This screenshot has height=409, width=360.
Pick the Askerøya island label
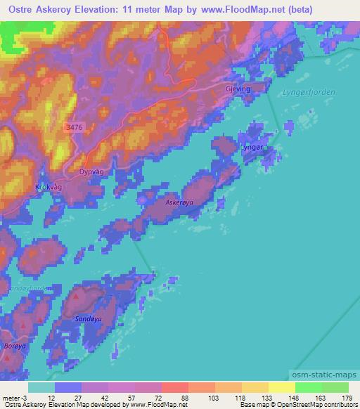tap(179, 202)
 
